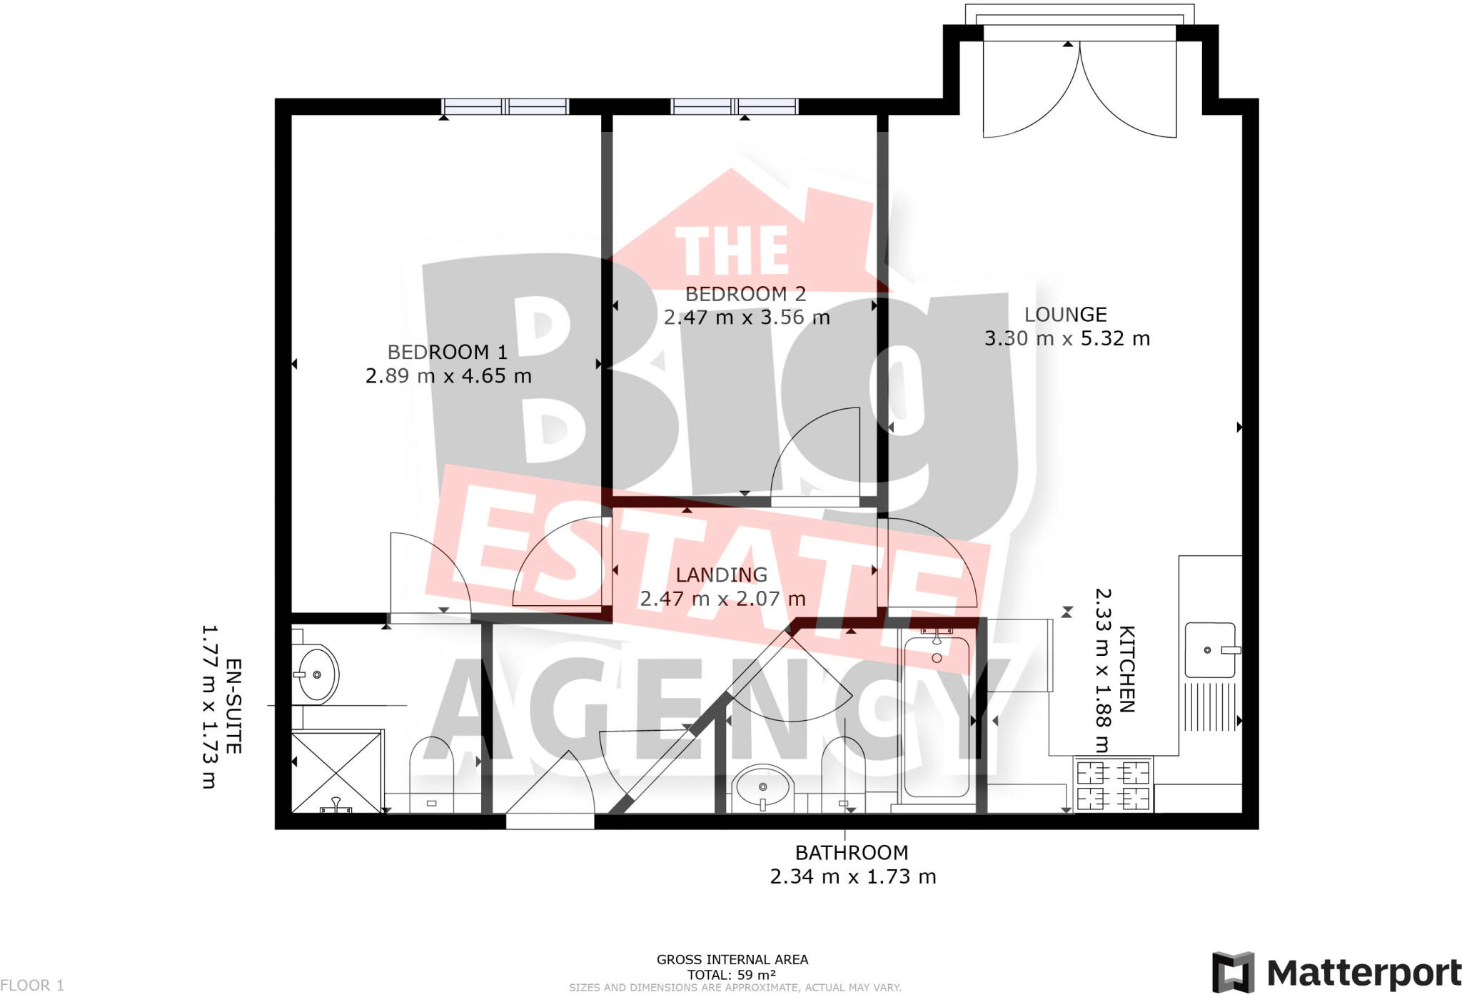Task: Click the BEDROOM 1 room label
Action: [448, 352]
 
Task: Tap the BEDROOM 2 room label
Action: [745, 294]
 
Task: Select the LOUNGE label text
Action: [1065, 315]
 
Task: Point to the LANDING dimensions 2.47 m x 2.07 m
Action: [722, 599]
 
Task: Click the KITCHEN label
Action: [1126, 669]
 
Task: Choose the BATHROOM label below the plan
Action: [852, 853]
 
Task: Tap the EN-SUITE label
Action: [233, 706]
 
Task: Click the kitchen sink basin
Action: [1209, 650]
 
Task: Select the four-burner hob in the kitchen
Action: [1113, 784]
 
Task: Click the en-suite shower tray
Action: [336, 772]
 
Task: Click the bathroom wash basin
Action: [762, 786]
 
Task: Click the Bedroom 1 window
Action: [505, 107]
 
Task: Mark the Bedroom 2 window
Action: [735, 107]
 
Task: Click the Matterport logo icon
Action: [1233, 972]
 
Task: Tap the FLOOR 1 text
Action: [32, 986]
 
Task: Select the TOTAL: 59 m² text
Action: [732, 975]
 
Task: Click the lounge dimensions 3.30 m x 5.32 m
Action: [1067, 338]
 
